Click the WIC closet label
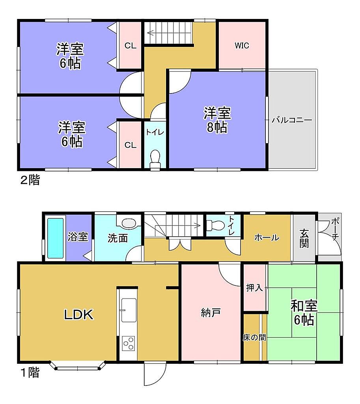242,46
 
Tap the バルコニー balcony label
292,120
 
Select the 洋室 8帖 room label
217,120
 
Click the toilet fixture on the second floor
155,160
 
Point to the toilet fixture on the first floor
216,226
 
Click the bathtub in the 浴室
55,238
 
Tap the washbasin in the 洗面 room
129,223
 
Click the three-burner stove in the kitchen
129,343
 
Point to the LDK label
78,314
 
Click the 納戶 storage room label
211,313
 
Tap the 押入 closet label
254,288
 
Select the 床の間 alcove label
254,337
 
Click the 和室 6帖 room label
304,313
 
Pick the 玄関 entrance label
304,238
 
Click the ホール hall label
267,237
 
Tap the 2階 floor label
30,180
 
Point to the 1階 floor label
30,372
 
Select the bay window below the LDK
78,366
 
